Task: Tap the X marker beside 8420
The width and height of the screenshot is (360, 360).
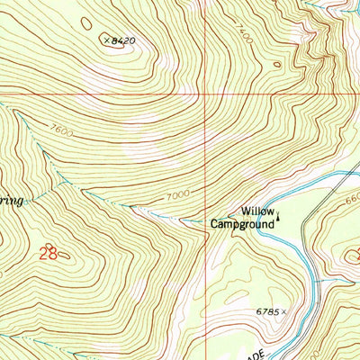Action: (x=105, y=40)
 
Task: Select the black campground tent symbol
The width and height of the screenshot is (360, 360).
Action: (x=279, y=215)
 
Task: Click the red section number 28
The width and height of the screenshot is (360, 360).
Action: (x=47, y=255)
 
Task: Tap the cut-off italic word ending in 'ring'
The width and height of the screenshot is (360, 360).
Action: (x=11, y=201)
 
